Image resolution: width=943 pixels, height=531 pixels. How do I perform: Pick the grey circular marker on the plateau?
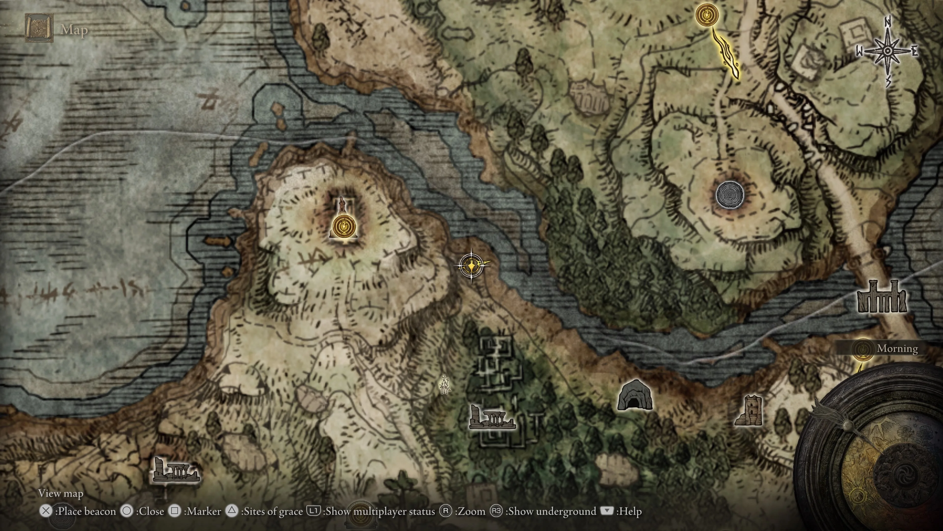(729, 195)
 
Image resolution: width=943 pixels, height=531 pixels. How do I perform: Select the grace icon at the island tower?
(343, 226)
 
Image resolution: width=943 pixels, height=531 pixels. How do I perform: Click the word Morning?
(897, 349)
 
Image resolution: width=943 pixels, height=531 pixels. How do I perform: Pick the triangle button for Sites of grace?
(232, 511)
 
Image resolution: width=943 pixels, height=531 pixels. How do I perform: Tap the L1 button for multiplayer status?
(313, 511)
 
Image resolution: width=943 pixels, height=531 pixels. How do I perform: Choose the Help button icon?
(607, 511)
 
